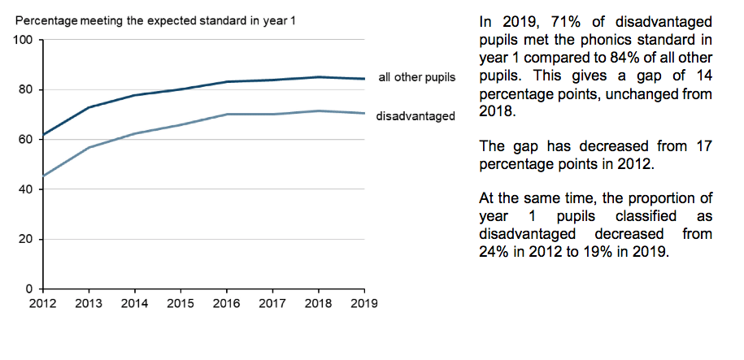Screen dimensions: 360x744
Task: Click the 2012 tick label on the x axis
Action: pos(42,303)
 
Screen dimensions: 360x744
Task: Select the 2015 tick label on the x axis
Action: pos(181,303)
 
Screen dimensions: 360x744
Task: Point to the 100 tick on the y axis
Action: pos(23,40)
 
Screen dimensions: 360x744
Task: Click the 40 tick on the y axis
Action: pos(26,189)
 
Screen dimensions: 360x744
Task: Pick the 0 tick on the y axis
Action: pos(29,289)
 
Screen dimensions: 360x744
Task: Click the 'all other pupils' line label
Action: pos(416,78)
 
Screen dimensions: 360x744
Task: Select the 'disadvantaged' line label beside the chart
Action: pos(416,116)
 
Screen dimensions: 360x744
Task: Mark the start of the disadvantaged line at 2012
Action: pos(42,176)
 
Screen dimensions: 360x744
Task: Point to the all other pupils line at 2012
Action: pos(42,135)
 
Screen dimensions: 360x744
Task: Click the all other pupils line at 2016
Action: pos(226,81)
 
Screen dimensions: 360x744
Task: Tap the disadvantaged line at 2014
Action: pos(134,133)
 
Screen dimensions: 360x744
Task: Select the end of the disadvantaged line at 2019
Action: pos(363,113)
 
